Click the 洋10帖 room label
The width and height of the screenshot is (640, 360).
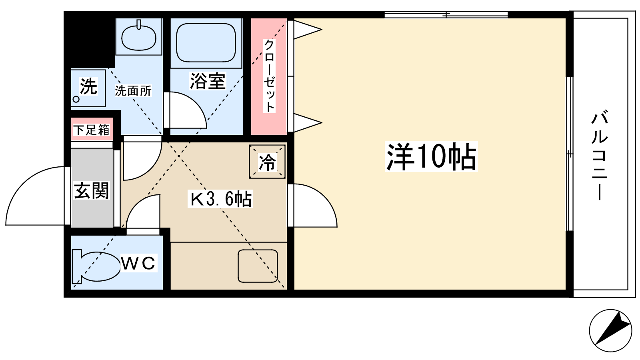(x=432, y=156)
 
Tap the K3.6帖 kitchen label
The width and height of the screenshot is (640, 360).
(x=220, y=199)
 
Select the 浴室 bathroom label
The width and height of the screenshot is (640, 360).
(x=208, y=81)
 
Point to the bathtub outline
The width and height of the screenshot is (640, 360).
(x=206, y=42)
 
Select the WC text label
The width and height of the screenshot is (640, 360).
(x=138, y=263)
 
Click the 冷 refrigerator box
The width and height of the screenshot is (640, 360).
(x=267, y=162)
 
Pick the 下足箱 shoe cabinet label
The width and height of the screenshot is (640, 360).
(x=92, y=130)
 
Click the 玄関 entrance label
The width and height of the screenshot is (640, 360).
(x=92, y=190)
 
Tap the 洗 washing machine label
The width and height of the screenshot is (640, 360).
(x=88, y=86)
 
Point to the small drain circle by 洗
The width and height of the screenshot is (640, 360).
(x=76, y=100)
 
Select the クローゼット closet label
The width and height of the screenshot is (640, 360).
(x=269, y=76)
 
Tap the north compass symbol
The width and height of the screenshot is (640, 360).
(x=610, y=330)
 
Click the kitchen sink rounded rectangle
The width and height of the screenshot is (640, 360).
(x=258, y=266)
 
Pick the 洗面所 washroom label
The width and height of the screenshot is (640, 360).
(x=133, y=91)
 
